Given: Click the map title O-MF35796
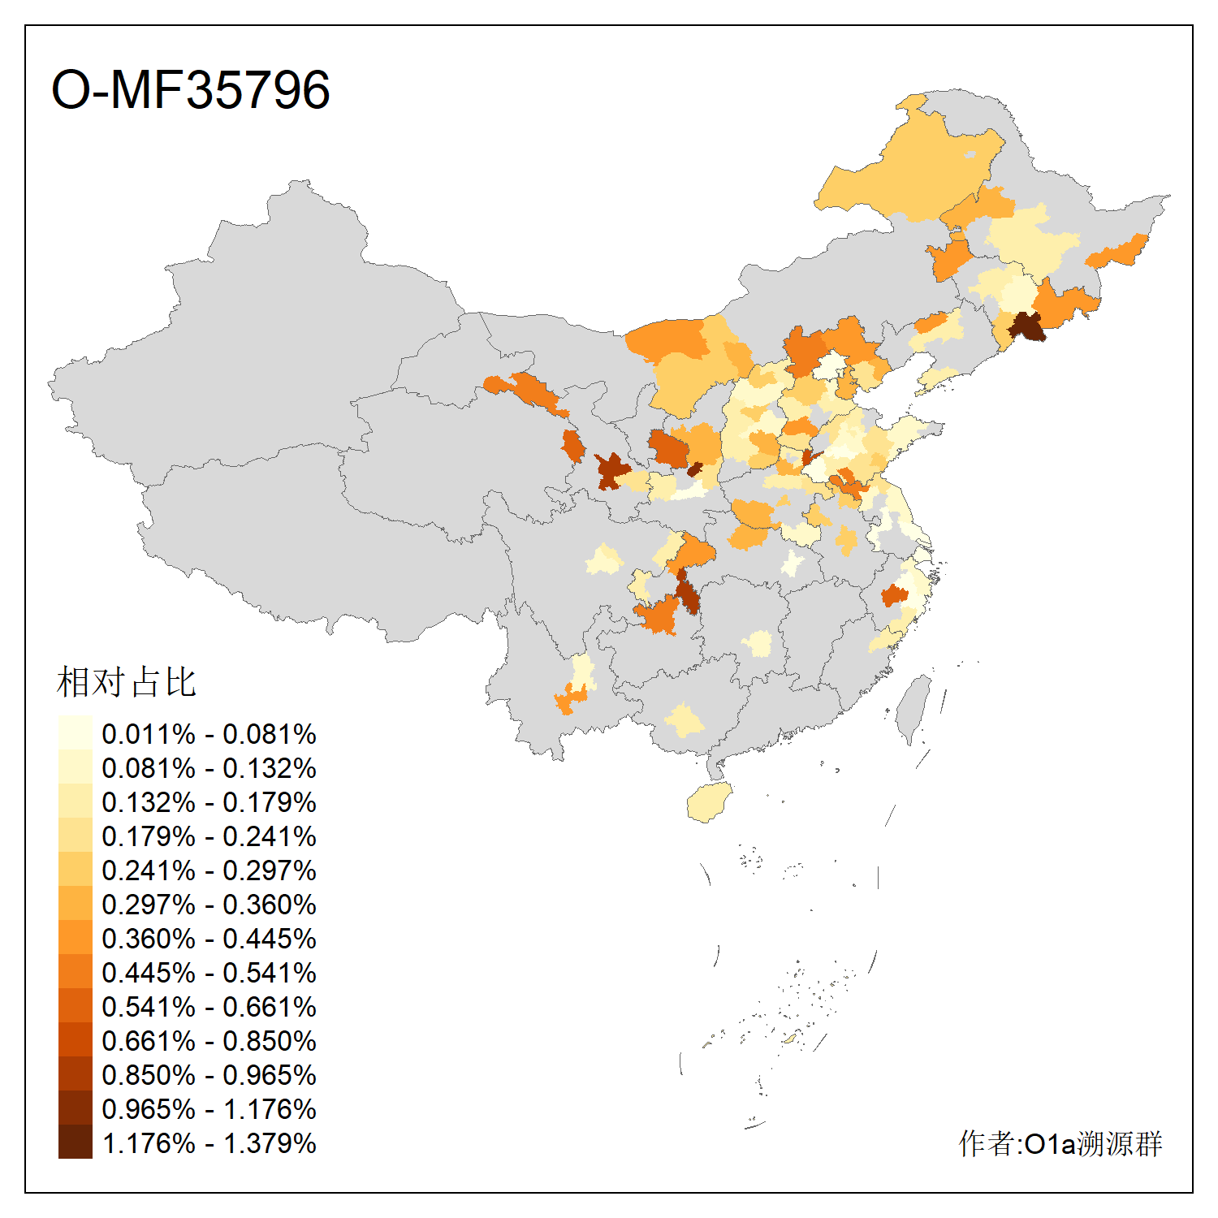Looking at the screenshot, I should (190, 89).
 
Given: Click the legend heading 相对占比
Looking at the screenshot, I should (126, 682).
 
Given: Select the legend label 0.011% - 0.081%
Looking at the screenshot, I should (209, 734).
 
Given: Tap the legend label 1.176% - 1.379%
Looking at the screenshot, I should (209, 1143).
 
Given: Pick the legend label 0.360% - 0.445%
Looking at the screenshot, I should (209, 939).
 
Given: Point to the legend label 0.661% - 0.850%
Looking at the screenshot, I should (209, 1041).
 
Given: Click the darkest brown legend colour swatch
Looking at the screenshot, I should (75, 1142).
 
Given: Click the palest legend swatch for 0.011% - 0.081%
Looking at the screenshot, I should (75, 733).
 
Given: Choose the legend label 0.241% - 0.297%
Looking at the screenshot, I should (209, 870).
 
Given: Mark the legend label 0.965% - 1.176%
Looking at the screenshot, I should (209, 1109).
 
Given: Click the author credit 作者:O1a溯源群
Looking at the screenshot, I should (1060, 1143).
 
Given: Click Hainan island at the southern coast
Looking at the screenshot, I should (710, 802).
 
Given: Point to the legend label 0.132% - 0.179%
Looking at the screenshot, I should (209, 802).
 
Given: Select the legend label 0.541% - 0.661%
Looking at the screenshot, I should (209, 1007).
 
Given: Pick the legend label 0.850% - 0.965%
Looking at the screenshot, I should (209, 1075).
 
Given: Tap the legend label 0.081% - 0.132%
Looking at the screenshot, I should (209, 768).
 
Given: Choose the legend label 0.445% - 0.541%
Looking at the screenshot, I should (209, 973).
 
